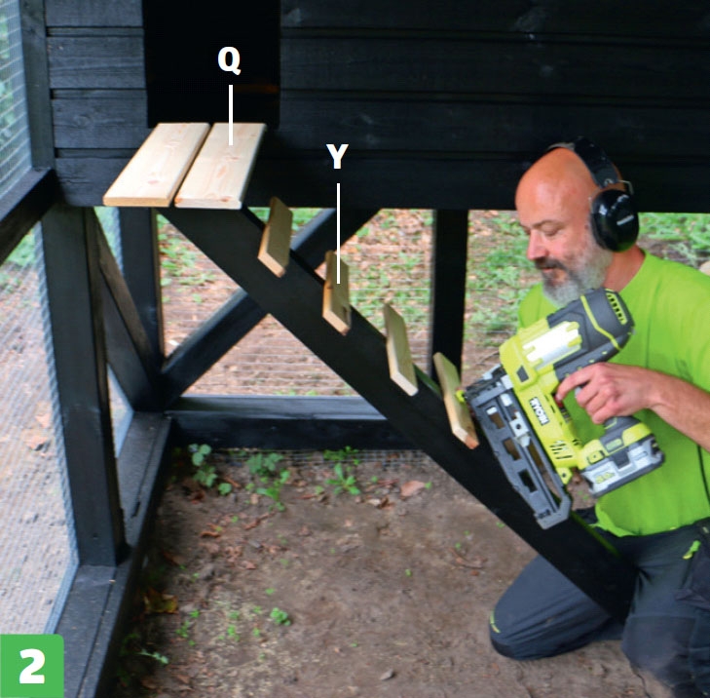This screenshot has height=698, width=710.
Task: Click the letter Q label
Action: coord(229,60)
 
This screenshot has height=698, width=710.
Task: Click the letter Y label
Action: coord(337,156)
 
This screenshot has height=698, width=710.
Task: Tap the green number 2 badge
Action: coord(32,666)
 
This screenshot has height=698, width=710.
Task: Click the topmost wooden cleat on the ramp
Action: coord(276,237)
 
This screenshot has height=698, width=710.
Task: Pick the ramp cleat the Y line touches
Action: coord(337,293)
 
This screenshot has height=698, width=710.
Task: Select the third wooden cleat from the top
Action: coord(400,349)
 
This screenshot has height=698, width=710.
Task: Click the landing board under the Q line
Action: coord(220,166)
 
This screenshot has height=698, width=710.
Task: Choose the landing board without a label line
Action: coord(157,164)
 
